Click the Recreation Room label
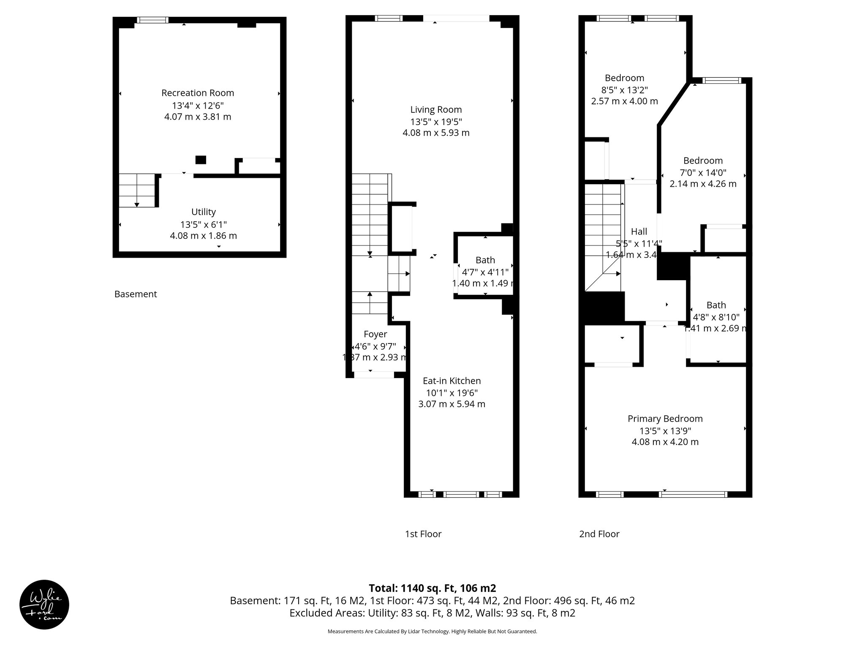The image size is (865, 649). point(198,93)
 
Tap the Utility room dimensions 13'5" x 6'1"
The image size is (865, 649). point(204,224)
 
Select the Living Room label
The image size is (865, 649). point(436,110)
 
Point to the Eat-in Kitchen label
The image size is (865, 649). point(452,381)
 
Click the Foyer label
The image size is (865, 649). point(375,334)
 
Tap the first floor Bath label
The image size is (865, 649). point(485,260)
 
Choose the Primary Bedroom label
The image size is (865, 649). point(665,419)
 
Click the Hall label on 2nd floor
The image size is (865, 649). point(639,232)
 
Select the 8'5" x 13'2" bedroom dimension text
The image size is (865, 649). point(624,90)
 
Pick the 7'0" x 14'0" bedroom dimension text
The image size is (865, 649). point(703,172)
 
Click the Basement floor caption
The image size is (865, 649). point(136,294)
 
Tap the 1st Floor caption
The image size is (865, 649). point(423,534)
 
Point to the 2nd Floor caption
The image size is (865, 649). point(599,534)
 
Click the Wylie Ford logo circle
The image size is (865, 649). point(44,605)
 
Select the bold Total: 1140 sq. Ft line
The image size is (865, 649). point(432,588)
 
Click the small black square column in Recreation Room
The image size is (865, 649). point(201,160)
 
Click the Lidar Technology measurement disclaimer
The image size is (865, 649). point(432,632)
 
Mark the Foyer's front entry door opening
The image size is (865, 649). point(373,375)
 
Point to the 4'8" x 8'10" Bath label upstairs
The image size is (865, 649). point(716,316)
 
